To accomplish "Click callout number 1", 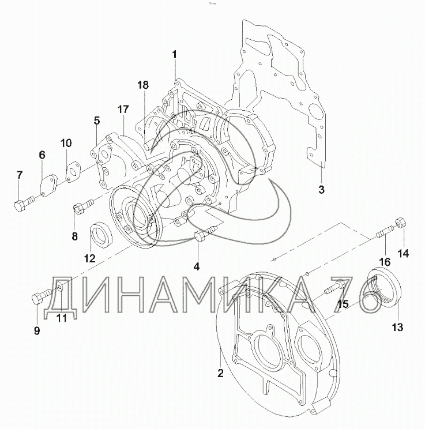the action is click(174, 54).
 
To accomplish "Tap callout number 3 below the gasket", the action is click(322, 189).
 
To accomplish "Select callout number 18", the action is click(143, 85).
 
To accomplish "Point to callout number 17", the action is click(123, 110).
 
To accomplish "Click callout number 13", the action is click(398, 327).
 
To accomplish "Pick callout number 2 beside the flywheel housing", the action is click(220, 373).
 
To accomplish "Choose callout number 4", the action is click(197, 266).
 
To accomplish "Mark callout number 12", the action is click(90, 258).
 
